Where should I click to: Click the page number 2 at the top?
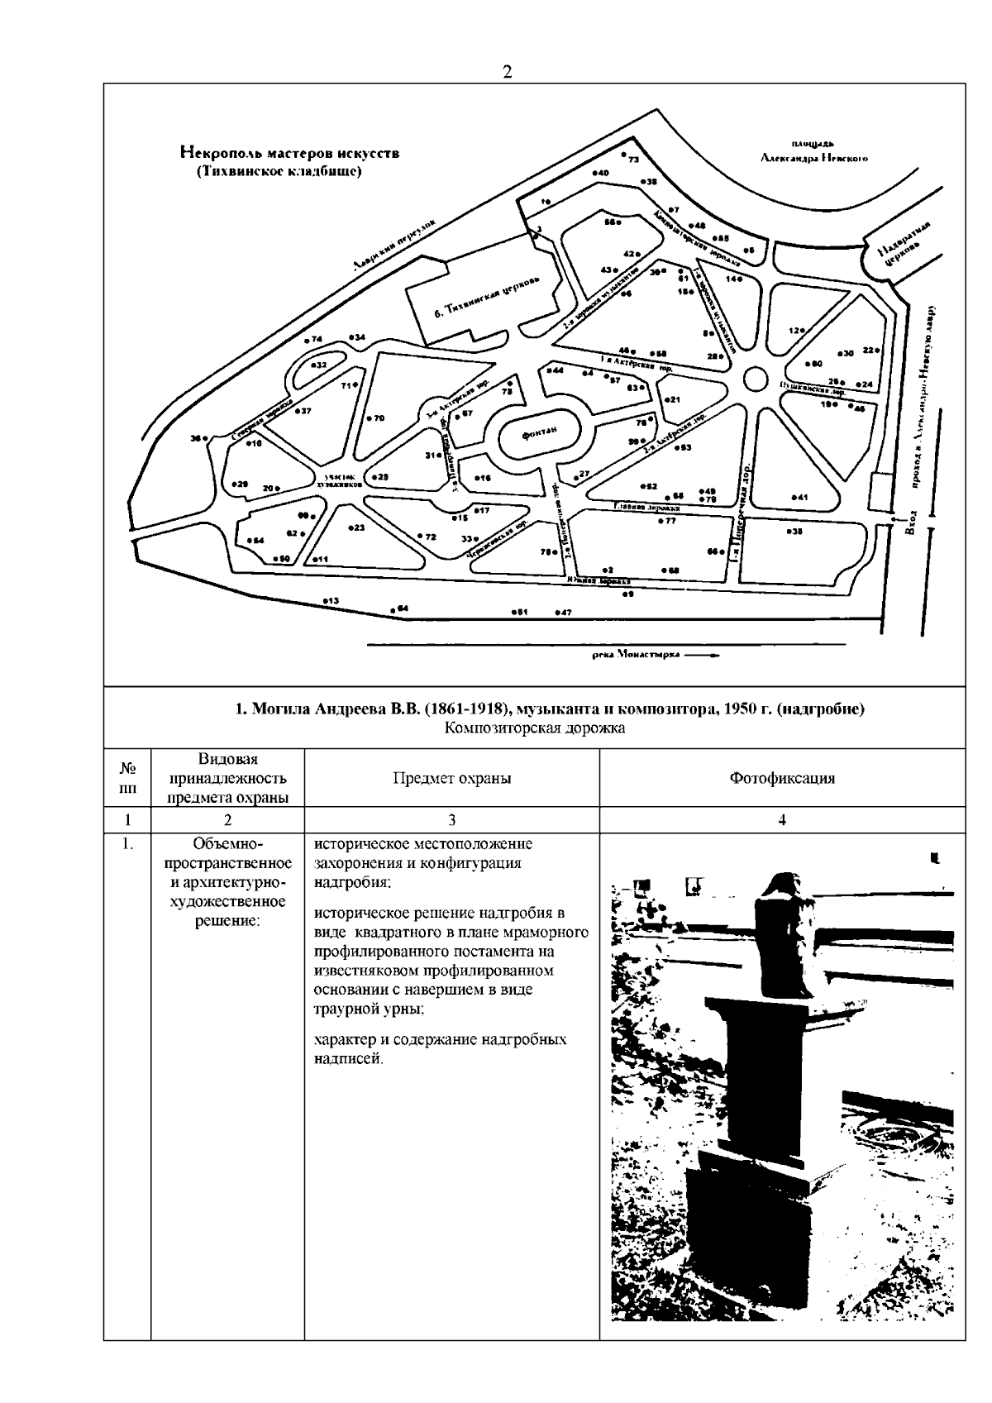point(507,72)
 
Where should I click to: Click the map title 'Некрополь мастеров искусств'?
point(289,153)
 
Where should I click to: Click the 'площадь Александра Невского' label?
point(813,152)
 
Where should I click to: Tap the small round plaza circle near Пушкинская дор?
point(754,379)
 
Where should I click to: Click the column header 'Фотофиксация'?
point(781,778)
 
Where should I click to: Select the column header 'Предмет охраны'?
point(451,778)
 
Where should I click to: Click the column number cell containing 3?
point(451,819)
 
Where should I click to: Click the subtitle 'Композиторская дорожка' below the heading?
point(534,728)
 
